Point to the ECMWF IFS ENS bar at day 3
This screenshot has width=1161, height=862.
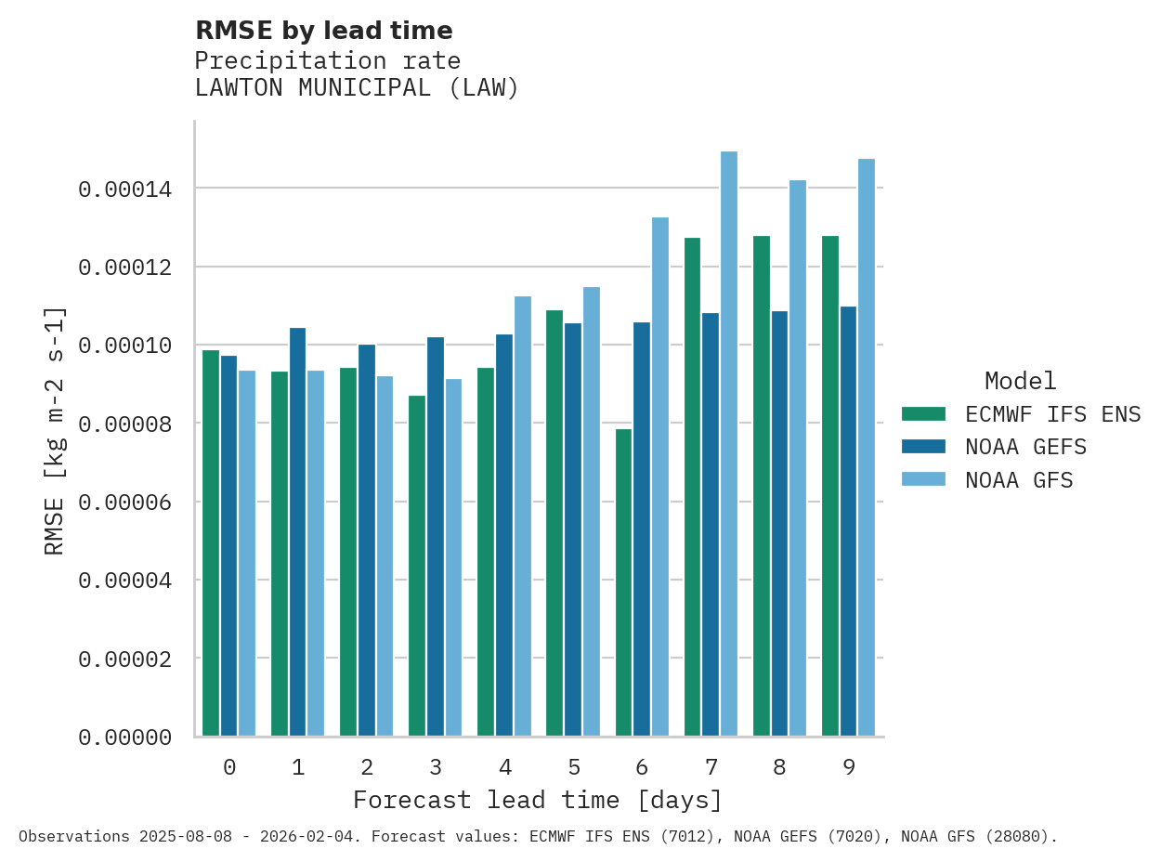(x=417, y=566)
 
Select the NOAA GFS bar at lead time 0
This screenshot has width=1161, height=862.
(x=247, y=554)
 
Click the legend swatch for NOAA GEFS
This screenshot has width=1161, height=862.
(x=923, y=447)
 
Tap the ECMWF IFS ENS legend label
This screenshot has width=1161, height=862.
(x=1052, y=414)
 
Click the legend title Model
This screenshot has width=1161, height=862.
(x=1020, y=381)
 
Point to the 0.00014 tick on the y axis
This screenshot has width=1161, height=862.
(x=124, y=189)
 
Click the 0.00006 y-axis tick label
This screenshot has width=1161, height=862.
(x=124, y=503)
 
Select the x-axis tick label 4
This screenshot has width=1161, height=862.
(x=504, y=767)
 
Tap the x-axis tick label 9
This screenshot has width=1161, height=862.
(x=849, y=767)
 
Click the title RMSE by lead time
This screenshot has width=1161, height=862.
(x=323, y=31)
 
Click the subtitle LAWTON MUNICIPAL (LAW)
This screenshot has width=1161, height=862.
(x=357, y=88)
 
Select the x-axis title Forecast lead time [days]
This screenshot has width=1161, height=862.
(x=537, y=800)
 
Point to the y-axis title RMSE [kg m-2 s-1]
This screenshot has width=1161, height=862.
(x=55, y=430)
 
